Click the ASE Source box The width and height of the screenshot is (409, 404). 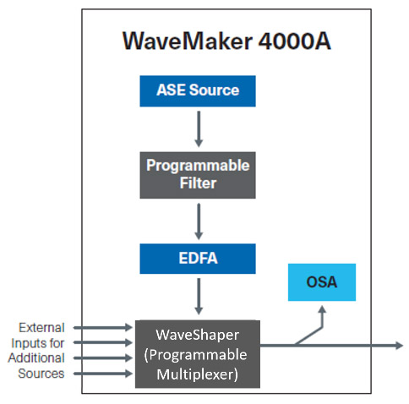point(198,90)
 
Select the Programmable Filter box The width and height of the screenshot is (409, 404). point(198,173)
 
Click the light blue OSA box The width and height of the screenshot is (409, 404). point(321,282)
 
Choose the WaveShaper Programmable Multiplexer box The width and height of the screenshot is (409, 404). point(198,353)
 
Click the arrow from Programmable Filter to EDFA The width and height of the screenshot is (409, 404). point(198,219)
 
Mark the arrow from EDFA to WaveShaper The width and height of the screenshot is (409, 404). point(198,297)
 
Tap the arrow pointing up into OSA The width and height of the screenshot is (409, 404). point(321,317)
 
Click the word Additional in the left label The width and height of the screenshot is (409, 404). point(36,358)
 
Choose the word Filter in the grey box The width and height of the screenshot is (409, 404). point(198,182)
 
